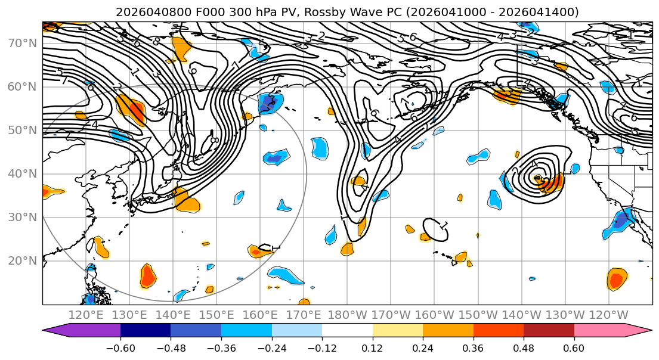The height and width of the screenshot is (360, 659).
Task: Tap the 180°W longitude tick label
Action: pyautogui.click(x=347, y=315)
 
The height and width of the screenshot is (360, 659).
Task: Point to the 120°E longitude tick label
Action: pyautogui.click(x=86, y=315)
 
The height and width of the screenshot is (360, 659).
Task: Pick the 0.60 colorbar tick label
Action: pyautogui.click(x=574, y=348)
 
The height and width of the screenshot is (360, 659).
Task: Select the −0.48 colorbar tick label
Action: pyautogui.click(x=171, y=348)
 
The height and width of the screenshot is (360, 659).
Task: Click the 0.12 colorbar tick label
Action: pyautogui.click(x=373, y=348)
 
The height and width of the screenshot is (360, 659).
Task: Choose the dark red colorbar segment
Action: pyautogui.click(x=549, y=331)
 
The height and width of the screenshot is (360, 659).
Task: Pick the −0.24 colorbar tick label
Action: pyautogui.click(x=271, y=348)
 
